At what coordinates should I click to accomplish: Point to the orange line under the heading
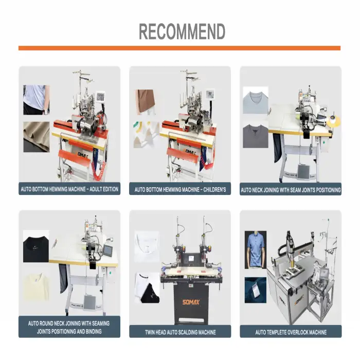[x=179, y=48]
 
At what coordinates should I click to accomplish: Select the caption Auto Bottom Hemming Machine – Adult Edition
[x=69, y=189]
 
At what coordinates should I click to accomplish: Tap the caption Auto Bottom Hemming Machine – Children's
[x=180, y=189]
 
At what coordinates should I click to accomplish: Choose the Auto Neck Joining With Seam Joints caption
[x=291, y=190]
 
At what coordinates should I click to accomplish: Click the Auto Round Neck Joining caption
[x=69, y=327]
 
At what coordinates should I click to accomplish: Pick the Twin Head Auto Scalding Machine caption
[x=180, y=332]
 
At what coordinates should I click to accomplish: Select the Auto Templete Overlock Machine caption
[x=291, y=332]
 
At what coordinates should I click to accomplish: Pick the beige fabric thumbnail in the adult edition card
[x=36, y=136]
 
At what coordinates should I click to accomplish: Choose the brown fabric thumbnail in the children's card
[x=145, y=102]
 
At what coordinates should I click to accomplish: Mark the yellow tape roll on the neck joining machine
[x=334, y=121]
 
